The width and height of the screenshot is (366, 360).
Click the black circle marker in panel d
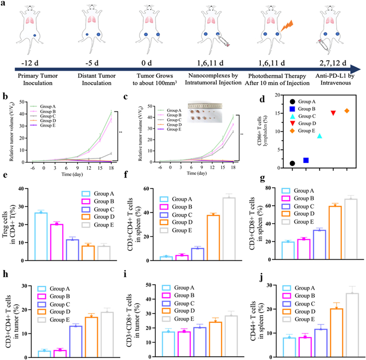coord(292,164)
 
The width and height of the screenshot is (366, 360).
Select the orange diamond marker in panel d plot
coord(347,111)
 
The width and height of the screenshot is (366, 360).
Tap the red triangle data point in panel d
coord(333,113)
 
